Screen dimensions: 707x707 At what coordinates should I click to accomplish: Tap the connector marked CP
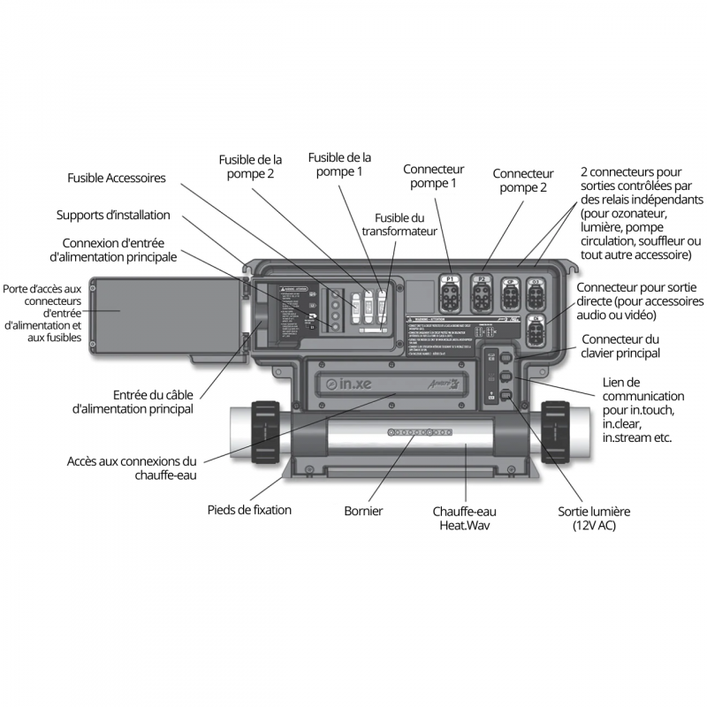click(510, 292)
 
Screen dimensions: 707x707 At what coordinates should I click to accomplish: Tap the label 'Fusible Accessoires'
click(117, 178)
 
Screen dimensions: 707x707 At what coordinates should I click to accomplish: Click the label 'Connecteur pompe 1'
click(433, 176)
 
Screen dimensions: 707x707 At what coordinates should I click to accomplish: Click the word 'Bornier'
click(363, 511)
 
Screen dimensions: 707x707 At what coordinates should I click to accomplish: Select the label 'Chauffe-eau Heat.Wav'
click(464, 518)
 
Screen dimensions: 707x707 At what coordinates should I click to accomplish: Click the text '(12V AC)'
click(594, 526)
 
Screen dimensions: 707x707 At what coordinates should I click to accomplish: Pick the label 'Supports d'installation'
click(113, 216)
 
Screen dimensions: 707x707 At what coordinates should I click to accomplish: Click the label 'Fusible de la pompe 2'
click(251, 167)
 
